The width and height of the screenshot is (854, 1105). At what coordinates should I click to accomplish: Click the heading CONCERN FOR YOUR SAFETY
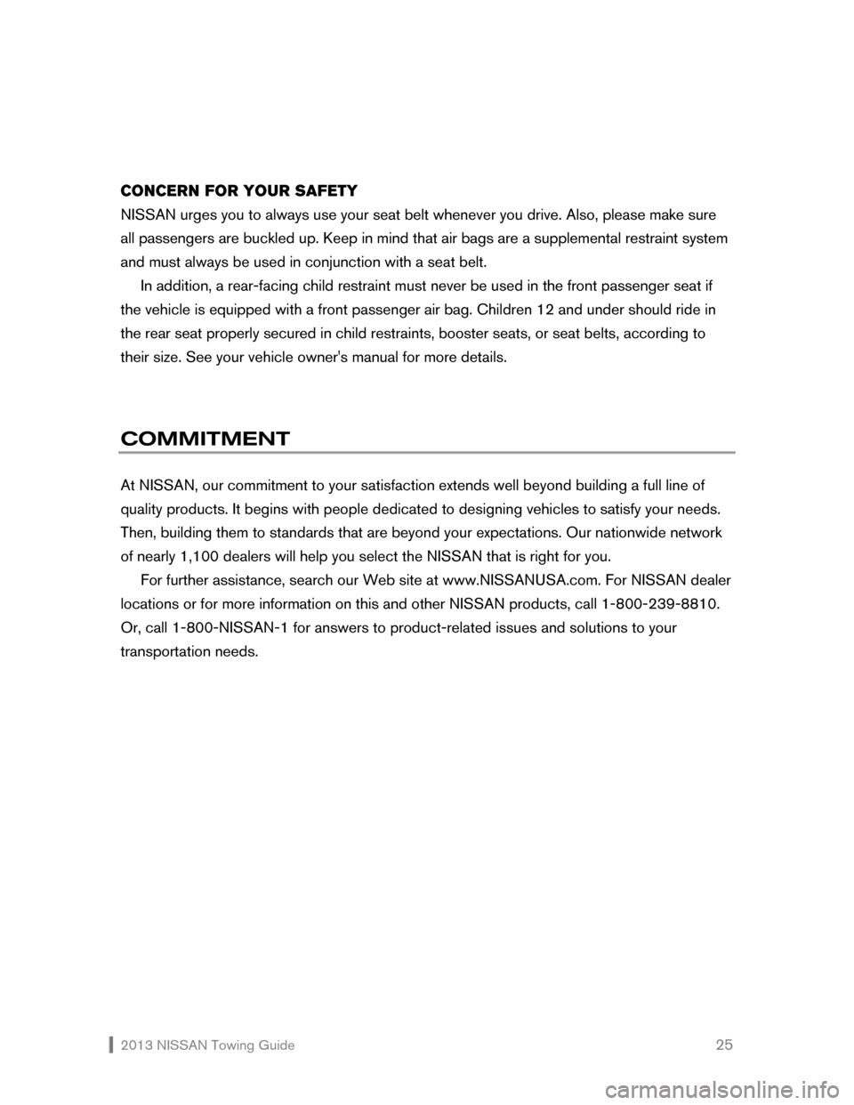(238, 191)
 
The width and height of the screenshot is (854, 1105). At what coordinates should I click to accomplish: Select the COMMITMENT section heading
(205, 439)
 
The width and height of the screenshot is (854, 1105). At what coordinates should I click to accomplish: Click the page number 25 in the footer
(724, 1045)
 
